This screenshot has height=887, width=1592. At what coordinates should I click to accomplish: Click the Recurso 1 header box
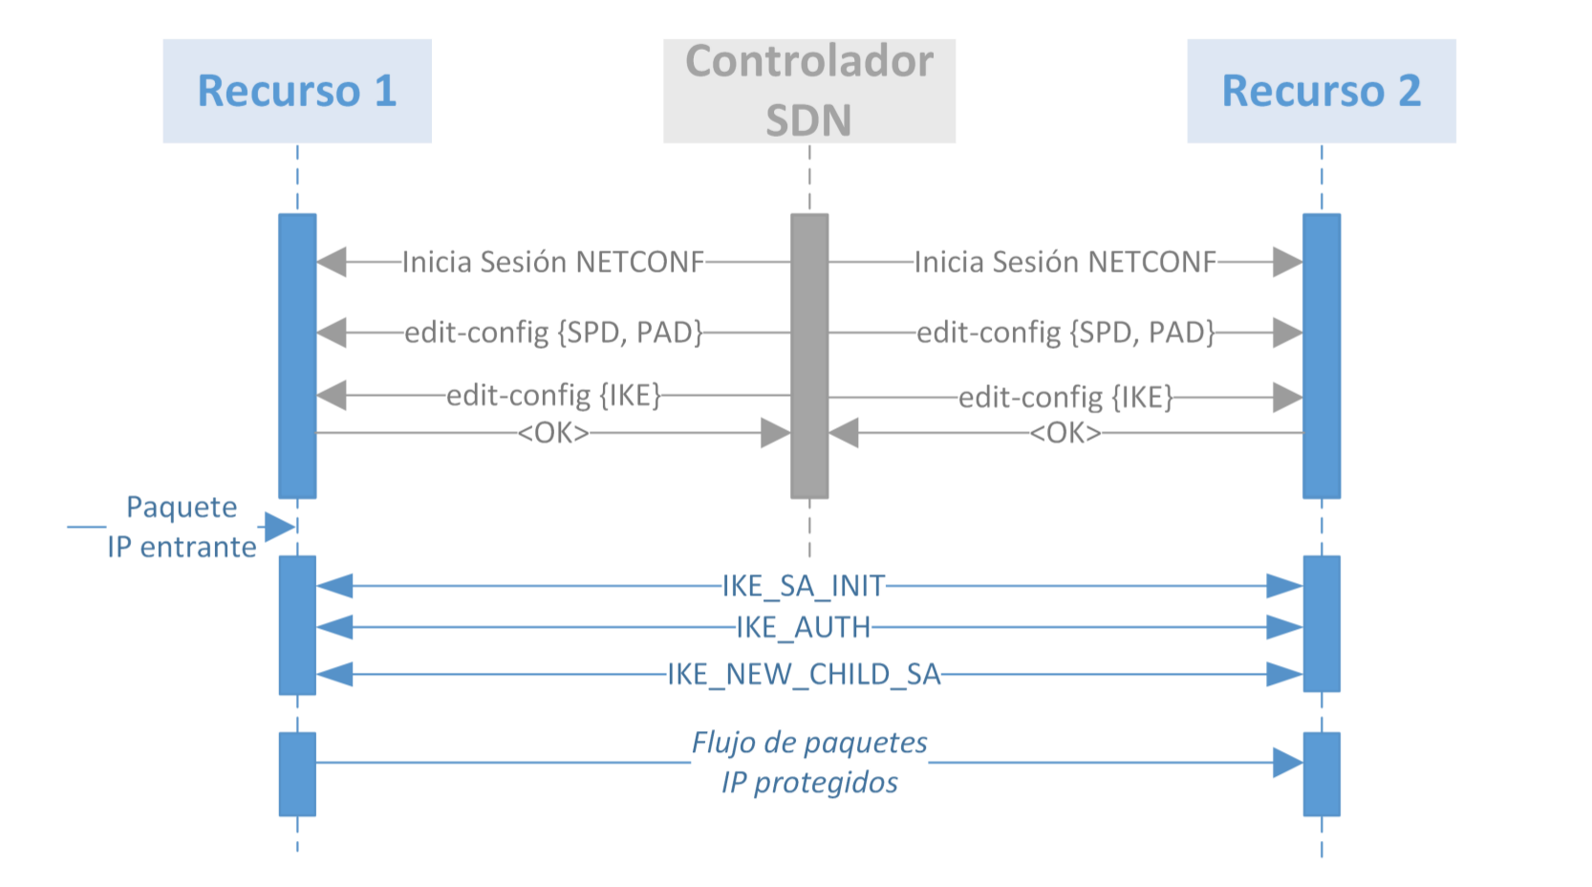(296, 91)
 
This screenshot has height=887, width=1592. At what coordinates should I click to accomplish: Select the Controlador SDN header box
(808, 91)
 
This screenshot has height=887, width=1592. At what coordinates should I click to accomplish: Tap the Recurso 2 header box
(1321, 91)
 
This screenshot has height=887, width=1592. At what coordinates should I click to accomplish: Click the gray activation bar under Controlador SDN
(808, 356)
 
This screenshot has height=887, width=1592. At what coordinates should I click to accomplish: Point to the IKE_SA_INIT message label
(804, 585)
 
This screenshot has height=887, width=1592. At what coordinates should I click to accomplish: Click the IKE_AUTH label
(804, 627)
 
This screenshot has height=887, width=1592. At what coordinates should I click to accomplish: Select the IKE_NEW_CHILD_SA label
(804, 674)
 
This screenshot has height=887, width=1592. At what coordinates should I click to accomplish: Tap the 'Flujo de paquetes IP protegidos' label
(809, 762)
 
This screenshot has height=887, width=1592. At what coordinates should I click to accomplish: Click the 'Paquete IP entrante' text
(182, 527)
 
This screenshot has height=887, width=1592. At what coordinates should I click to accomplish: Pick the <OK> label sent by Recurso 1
(553, 433)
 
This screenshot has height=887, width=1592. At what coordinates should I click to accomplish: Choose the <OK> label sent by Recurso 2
(1065, 433)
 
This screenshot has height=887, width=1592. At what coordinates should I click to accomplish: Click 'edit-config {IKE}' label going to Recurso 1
(553, 395)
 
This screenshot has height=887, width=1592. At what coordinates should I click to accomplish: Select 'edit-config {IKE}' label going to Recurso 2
(1065, 397)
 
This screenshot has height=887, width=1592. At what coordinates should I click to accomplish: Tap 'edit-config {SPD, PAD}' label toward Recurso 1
(553, 333)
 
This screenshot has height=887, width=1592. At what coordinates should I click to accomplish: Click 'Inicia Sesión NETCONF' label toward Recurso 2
(1065, 261)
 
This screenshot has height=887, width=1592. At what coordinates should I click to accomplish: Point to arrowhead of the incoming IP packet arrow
(280, 527)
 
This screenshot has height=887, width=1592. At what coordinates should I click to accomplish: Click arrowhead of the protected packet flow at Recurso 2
(1288, 763)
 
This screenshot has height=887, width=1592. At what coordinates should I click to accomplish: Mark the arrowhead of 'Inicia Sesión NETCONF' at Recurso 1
(331, 261)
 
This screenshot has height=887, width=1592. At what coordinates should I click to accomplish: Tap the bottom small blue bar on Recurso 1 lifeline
(296, 774)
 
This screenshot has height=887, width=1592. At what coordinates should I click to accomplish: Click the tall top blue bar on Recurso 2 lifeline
(1321, 356)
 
